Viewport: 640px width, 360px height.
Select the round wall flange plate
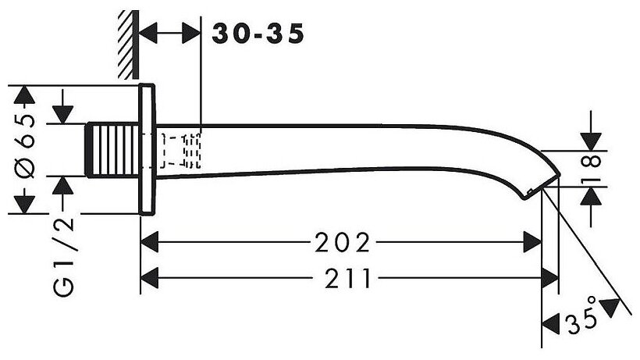(x=149, y=148)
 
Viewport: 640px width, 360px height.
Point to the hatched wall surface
(x=127, y=43)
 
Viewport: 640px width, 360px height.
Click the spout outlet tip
(x=549, y=179)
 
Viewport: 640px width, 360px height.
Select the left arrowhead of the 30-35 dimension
(x=148, y=34)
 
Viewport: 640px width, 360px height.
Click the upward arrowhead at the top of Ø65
(x=26, y=95)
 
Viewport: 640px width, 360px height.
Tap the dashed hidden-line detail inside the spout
(x=182, y=151)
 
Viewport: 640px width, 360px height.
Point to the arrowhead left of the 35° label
(x=551, y=320)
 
